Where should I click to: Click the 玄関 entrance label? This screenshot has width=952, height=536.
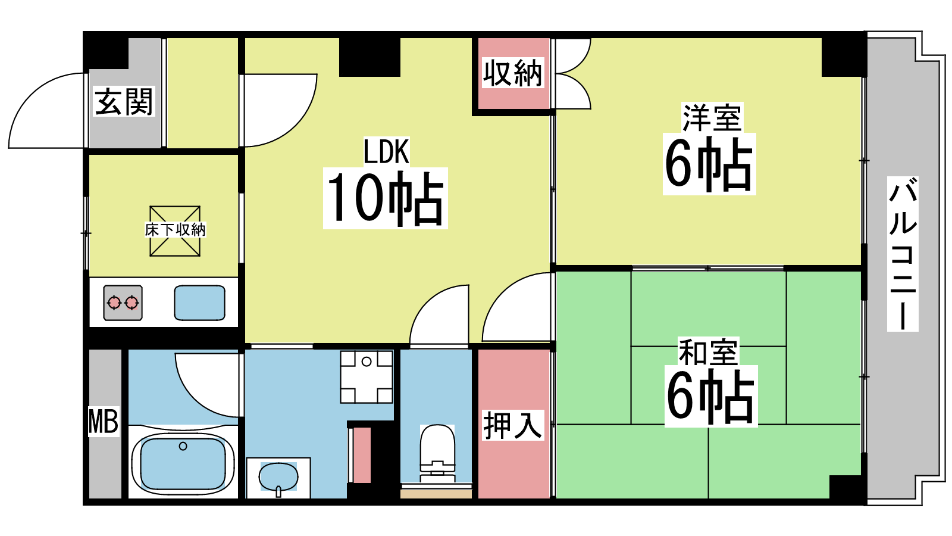click(124, 101)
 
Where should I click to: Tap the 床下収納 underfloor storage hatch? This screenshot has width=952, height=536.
click(175, 230)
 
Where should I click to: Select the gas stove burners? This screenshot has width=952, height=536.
click(123, 303)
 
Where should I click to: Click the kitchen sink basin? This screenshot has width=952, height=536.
click(199, 303)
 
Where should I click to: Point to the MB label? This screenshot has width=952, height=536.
click(104, 421)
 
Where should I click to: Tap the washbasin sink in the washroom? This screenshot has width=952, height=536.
click(278, 476)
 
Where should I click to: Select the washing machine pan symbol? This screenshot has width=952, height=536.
click(367, 377)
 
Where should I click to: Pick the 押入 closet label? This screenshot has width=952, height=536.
click(513, 425)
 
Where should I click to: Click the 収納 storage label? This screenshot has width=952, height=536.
click(513, 73)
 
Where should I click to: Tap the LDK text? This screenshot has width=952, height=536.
click(386, 151)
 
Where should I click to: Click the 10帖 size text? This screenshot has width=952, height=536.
click(386, 198)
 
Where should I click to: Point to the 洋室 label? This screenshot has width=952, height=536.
click(712, 117)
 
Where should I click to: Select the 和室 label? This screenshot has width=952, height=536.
click(708, 352)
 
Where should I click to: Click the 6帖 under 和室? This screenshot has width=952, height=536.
click(710, 396)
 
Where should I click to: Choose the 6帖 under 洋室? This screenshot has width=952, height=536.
click(709, 164)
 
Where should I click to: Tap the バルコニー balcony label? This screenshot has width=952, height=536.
click(903, 253)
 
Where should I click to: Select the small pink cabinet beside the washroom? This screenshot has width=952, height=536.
click(362, 454)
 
